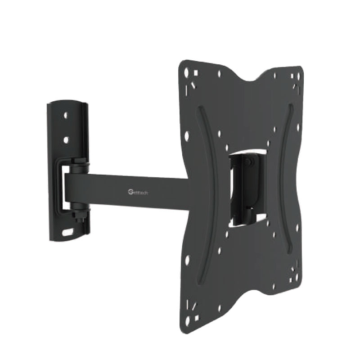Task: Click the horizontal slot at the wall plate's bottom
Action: (68, 233)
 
